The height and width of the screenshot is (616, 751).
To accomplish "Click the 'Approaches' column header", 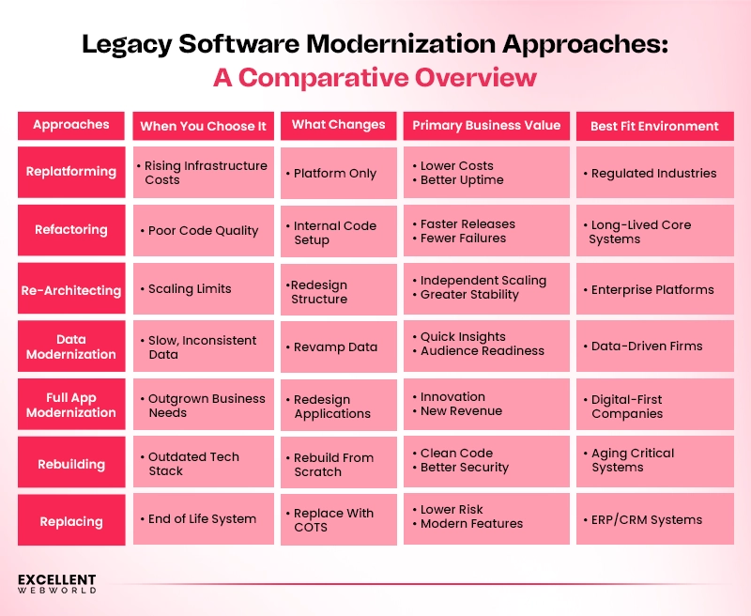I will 71,125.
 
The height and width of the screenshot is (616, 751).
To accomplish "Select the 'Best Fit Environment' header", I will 654,126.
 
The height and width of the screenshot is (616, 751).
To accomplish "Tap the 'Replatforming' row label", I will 71,172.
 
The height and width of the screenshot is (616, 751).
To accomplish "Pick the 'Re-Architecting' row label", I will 71,290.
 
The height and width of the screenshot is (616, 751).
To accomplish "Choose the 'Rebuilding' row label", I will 71,464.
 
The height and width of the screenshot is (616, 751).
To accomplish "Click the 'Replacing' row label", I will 71,521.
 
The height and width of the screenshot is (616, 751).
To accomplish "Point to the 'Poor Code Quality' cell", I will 203,231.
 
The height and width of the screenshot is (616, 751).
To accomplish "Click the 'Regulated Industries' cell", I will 653,173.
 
